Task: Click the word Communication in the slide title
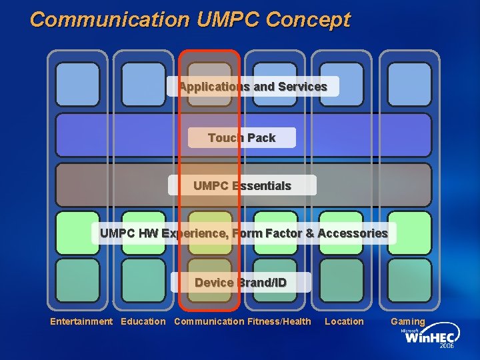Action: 111,19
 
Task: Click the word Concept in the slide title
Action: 307,19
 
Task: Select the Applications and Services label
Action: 253,87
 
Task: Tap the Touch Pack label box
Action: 241,138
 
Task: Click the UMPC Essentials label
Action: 242,185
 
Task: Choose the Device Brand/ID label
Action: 241,283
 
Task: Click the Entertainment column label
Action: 81,322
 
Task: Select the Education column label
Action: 143,322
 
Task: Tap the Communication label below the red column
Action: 209,322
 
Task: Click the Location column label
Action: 344,322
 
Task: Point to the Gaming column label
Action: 407,322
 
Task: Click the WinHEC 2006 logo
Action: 426,339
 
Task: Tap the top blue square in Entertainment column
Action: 77,85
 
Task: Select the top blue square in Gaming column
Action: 409,85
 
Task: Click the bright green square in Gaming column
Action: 409,233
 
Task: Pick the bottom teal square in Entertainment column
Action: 77,280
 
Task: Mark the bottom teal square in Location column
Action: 341,280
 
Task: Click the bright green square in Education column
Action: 143,233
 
